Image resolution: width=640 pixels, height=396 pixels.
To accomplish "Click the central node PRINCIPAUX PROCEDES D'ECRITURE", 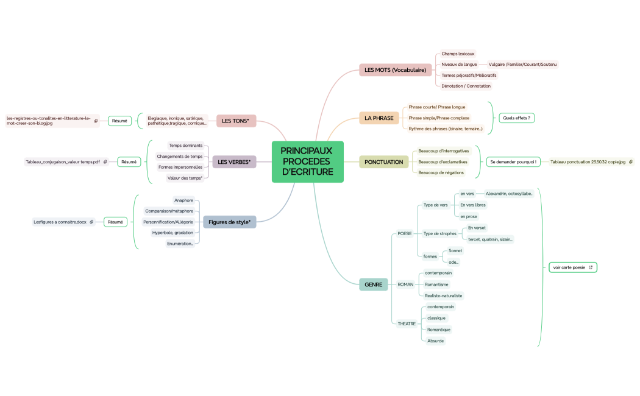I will [x=307, y=161].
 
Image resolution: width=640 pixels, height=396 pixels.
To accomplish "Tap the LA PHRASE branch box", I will [x=379, y=118].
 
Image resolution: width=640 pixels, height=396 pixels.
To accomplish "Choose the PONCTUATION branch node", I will [x=383, y=162].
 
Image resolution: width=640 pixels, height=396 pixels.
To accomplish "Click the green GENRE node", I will [x=373, y=285].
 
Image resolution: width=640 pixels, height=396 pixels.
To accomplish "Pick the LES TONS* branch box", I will [x=236, y=121].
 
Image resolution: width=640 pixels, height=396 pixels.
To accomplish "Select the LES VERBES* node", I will [x=234, y=162].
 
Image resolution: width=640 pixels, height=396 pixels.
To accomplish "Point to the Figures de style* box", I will [x=229, y=222].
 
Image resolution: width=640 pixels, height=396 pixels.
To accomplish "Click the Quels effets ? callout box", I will [x=516, y=118].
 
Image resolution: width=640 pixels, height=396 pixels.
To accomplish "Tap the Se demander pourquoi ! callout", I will [x=513, y=162].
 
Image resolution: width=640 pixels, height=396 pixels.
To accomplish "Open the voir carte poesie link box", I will [x=572, y=267].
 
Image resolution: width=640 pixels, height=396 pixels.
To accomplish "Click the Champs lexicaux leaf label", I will [x=458, y=54].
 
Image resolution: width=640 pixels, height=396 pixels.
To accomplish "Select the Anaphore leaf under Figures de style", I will [x=183, y=200].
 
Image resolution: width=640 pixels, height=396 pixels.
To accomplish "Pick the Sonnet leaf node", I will [x=455, y=250].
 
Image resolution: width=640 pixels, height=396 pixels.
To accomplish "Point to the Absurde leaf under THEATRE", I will [x=436, y=341].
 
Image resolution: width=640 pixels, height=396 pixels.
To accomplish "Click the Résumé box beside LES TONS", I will [x=119, y=121].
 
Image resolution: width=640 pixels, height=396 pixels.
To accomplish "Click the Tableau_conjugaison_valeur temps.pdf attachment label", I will [x=63, y=162].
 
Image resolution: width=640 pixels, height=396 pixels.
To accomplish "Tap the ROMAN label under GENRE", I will [x=405, y=285].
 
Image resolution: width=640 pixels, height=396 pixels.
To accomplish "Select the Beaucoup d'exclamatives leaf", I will [x=443, y=162].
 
